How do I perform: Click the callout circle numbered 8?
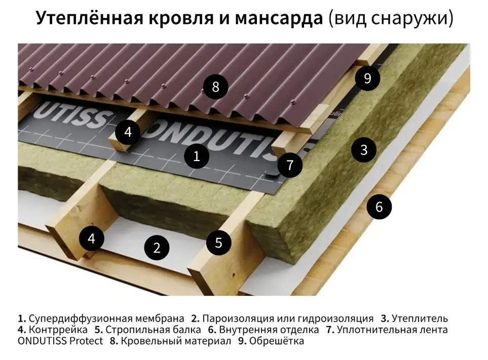[215, 87]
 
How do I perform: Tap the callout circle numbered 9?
[367, 78]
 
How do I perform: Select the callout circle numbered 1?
[197, 156]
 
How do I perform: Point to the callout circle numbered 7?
[290, 165]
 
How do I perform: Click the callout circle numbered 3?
[364, 150]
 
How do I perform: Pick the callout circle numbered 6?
[379, 207]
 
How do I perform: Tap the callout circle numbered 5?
[218, 243]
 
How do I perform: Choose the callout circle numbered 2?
[157, 248]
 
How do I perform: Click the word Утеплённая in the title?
[90, 18]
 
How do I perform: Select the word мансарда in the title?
[279, 19]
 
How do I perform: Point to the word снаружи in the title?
[412, 19]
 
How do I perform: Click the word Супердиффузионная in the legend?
[77, 318]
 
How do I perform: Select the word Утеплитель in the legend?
[420, 318]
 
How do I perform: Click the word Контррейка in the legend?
[58, 330]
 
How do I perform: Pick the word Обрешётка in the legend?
[276, 341]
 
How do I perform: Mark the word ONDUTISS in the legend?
[42, 341]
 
